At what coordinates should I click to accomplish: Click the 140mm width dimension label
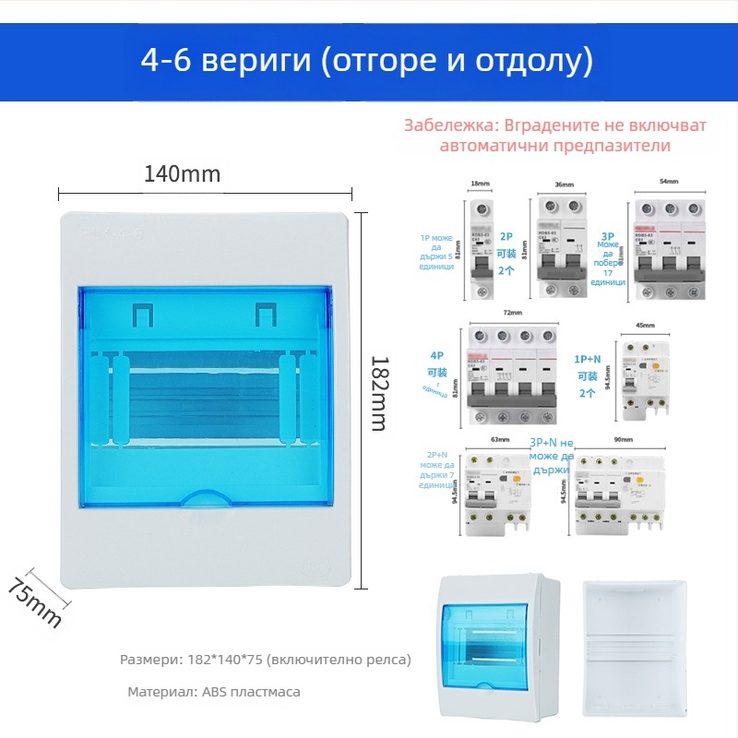click(183, 173)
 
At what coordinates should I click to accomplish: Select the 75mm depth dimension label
click(34, 601)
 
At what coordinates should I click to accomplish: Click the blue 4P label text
click(434, 353)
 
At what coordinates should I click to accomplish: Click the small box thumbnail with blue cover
click(496, 646)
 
